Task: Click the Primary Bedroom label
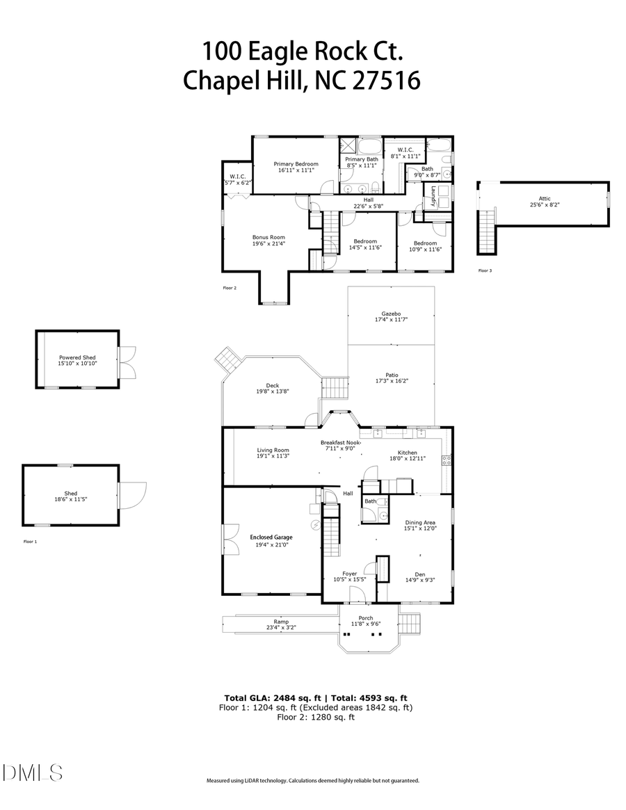296,164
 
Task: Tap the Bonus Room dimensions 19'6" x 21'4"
268,244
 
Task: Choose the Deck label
273,385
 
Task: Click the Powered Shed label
77,357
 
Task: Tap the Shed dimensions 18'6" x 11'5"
71,499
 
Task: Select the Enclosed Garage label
271,537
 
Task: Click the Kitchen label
407,453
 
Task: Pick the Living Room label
273,450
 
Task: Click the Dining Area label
420,522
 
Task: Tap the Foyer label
349,574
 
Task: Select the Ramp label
281,622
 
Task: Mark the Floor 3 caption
485,270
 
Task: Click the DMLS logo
33,772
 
